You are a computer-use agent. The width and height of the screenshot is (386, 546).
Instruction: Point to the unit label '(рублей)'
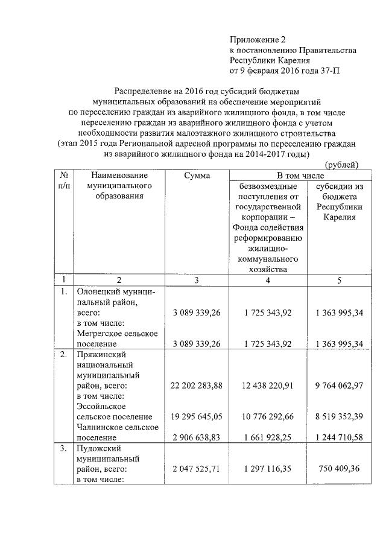click(x=341, y=165)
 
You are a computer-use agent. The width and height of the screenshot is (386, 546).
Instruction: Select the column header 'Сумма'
click(x=197, y=176)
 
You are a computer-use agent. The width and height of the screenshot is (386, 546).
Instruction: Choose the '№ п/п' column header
click(x=63, y=181)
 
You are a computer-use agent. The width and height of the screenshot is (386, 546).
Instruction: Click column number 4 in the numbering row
click(x=267, y=280)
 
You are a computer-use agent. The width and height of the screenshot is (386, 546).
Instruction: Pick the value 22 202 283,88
click(x=197, y=386)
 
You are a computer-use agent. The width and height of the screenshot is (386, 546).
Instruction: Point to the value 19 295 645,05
click(x=197, y=417)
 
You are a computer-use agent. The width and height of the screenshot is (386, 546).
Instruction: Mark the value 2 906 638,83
click(x=197, y=438)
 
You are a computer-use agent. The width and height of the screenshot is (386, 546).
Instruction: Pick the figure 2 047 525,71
click(x=197, y=469)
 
